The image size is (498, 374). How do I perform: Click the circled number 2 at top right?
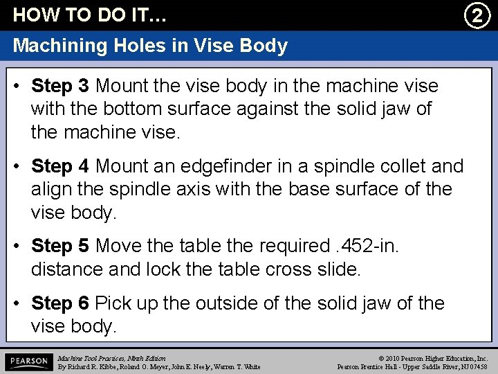tap(476, 15)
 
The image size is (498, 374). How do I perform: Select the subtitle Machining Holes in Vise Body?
tap(150, 46)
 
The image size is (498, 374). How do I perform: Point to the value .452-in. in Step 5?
tap(367, 247)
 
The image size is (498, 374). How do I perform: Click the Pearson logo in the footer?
tap(28, 362)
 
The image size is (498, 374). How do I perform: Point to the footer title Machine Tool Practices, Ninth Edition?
tap(112, 357)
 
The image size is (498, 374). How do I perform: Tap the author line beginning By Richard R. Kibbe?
tap(159, 366)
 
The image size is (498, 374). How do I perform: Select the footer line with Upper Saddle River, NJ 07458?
tap(412, 366)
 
